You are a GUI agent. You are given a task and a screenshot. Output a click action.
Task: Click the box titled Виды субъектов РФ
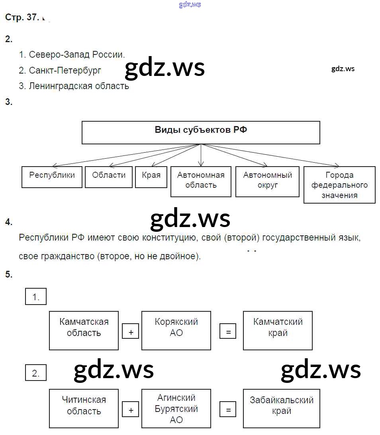click(201, 132)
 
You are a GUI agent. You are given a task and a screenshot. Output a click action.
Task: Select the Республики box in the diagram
click(52, 177)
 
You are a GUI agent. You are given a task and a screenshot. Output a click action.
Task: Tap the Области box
click(109, 177)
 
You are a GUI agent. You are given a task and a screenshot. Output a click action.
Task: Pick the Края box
click(151, 177)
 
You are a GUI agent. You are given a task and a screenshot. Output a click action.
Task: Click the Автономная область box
click(201, 182)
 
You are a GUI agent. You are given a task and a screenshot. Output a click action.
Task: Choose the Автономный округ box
click(267, 182)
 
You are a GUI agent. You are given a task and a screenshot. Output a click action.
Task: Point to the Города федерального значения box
click(339, 185)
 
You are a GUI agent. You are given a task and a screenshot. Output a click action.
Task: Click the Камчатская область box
click(84, 330)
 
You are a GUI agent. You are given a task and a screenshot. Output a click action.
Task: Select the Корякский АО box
click(176, 330)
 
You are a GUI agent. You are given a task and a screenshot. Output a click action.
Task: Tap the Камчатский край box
click(278, 330)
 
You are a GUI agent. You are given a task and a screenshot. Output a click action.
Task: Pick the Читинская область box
click(84, 408)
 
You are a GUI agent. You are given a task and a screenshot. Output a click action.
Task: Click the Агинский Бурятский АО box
click(176, 408)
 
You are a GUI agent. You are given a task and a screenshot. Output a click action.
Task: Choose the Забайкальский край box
click(281, 408)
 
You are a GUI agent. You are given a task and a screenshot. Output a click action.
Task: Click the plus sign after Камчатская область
click(131, 332)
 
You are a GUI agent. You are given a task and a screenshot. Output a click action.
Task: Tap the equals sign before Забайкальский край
click(228, 410)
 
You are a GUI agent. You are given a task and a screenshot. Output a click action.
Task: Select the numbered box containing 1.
click(36, 297)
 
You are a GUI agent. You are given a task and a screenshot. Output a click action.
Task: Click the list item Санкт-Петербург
click(65, 70)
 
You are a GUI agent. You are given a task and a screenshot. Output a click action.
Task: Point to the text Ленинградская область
click(79, 86)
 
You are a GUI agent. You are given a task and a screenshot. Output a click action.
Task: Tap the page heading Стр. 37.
click(22, 17)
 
